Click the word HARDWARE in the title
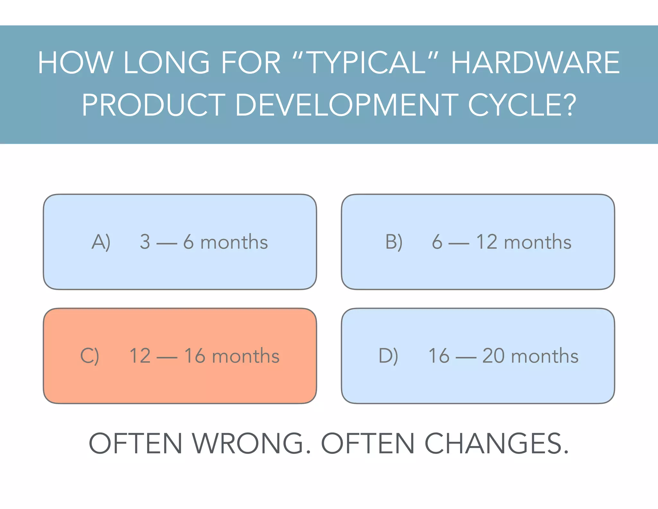coord(535,63)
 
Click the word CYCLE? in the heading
coord(522,105)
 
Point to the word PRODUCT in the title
coord(154,105)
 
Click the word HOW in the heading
coord(76,63)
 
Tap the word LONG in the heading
coord(166,63)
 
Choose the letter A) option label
coord(101,242)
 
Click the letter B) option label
coord(394,242)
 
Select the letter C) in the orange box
coord(90,356)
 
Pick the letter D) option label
coord(388,356)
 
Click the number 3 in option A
coord(145,242)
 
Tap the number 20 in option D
coord(493,356)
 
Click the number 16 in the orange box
coord(195,356)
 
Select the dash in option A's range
coord(167,244)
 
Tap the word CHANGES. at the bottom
coord(497,444)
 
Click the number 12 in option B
coord(487,242)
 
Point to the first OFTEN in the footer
coord(136,444)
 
